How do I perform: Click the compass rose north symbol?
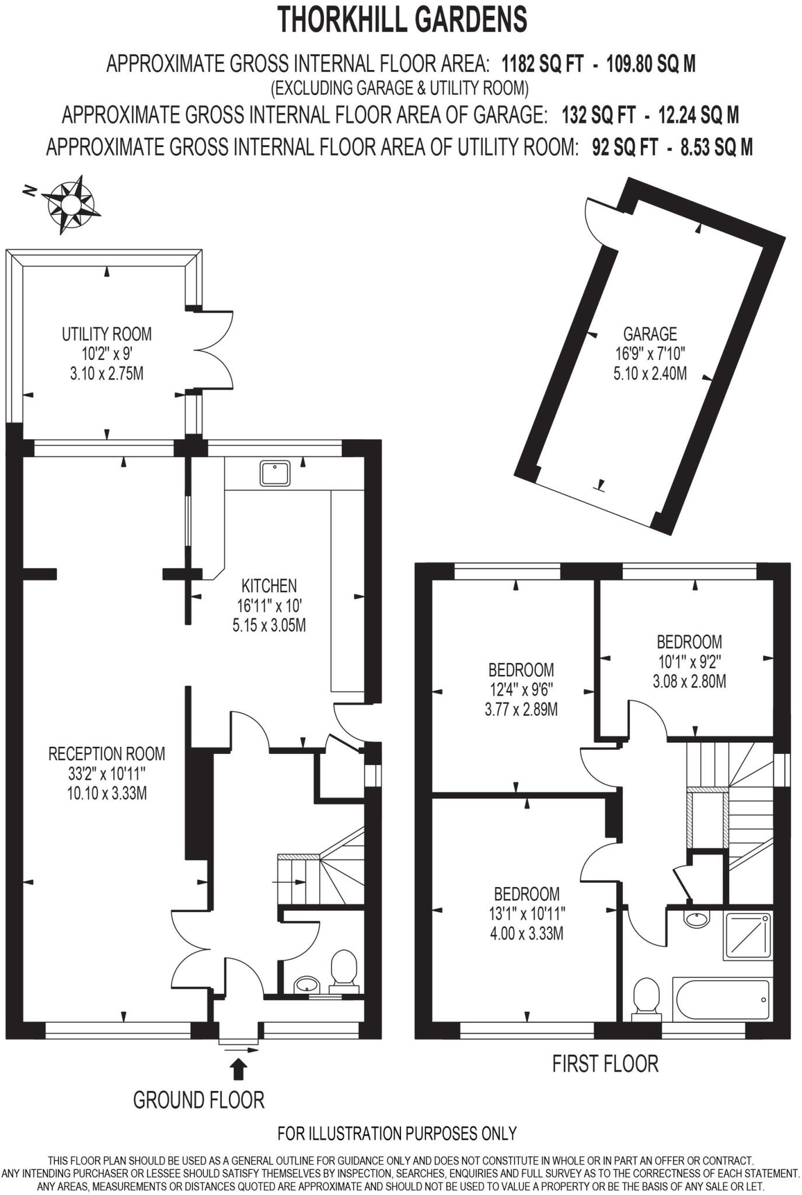pyautogui.click(x=70, y=204)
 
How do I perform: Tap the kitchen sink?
pyautogui.click(x=276, y=473)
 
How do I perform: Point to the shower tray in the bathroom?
pyautogui.click(x=747, y=937)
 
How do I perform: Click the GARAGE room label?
pyautogui.click(x=650, y=334)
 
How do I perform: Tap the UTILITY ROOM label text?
pyautogui.click(x=107, y=334)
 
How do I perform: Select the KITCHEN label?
pyautogui.click(x=269, y=585)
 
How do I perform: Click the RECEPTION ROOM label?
pyautogui.click(x=107, y=753)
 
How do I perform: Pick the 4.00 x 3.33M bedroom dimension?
pyautogui.click(x=526, y=934)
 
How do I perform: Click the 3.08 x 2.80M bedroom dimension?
pyautogui.click(x=689, y=681)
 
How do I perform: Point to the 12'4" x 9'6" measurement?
pyautogui.click(x=521, y=690)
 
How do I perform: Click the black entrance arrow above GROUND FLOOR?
pyautogui.click(x=239, y=1070)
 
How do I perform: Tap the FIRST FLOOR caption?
pyautogui.click(x=605, y=1064)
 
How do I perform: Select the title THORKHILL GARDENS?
pyautogui.click(x=402, y=19)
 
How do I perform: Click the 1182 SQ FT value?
pyautogui.click(x=542, y=64)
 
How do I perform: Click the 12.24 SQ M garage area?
pyautogui.click(x=698, y=115)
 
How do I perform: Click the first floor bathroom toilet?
pyautogui.click(x=646, y=997)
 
